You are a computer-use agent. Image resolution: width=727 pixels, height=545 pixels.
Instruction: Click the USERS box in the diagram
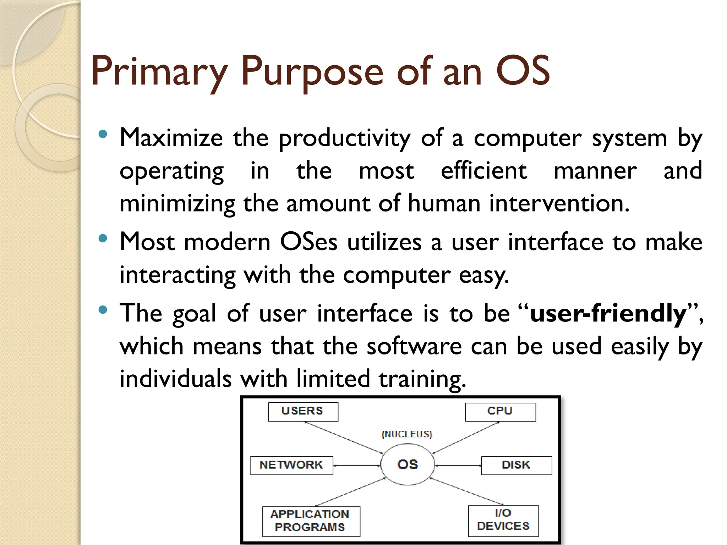click(x=303, y=412)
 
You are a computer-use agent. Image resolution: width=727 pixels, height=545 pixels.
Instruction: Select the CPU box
click(x=500, y=412)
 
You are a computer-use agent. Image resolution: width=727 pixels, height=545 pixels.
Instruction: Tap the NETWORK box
click(x=291, y=465)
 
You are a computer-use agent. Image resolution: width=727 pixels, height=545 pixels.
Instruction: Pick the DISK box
click(x=516, y=465)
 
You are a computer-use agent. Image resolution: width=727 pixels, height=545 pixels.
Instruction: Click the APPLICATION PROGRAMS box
click(x=311, y=521)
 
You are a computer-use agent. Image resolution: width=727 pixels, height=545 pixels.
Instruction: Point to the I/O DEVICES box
click(x=503, y=520)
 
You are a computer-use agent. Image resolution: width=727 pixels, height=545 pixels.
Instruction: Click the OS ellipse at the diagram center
click(x=408, y=465)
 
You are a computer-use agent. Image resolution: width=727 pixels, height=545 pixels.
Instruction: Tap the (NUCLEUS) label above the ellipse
click(x=407, y=434)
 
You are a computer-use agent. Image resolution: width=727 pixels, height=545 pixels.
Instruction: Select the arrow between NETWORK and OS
click(x=356, y=466)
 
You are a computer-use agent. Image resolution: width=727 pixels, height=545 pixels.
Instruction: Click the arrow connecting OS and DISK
click(x=458, y=466)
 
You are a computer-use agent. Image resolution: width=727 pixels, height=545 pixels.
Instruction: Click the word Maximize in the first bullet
click(x=171, y=138)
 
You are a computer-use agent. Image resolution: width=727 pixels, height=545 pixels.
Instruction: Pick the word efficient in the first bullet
click(x=484, y=171)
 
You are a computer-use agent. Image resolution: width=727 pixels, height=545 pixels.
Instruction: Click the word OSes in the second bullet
click(x=308, y=242)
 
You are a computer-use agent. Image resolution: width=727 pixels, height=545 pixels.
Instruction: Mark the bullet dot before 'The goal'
click(x=103, y=310)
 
